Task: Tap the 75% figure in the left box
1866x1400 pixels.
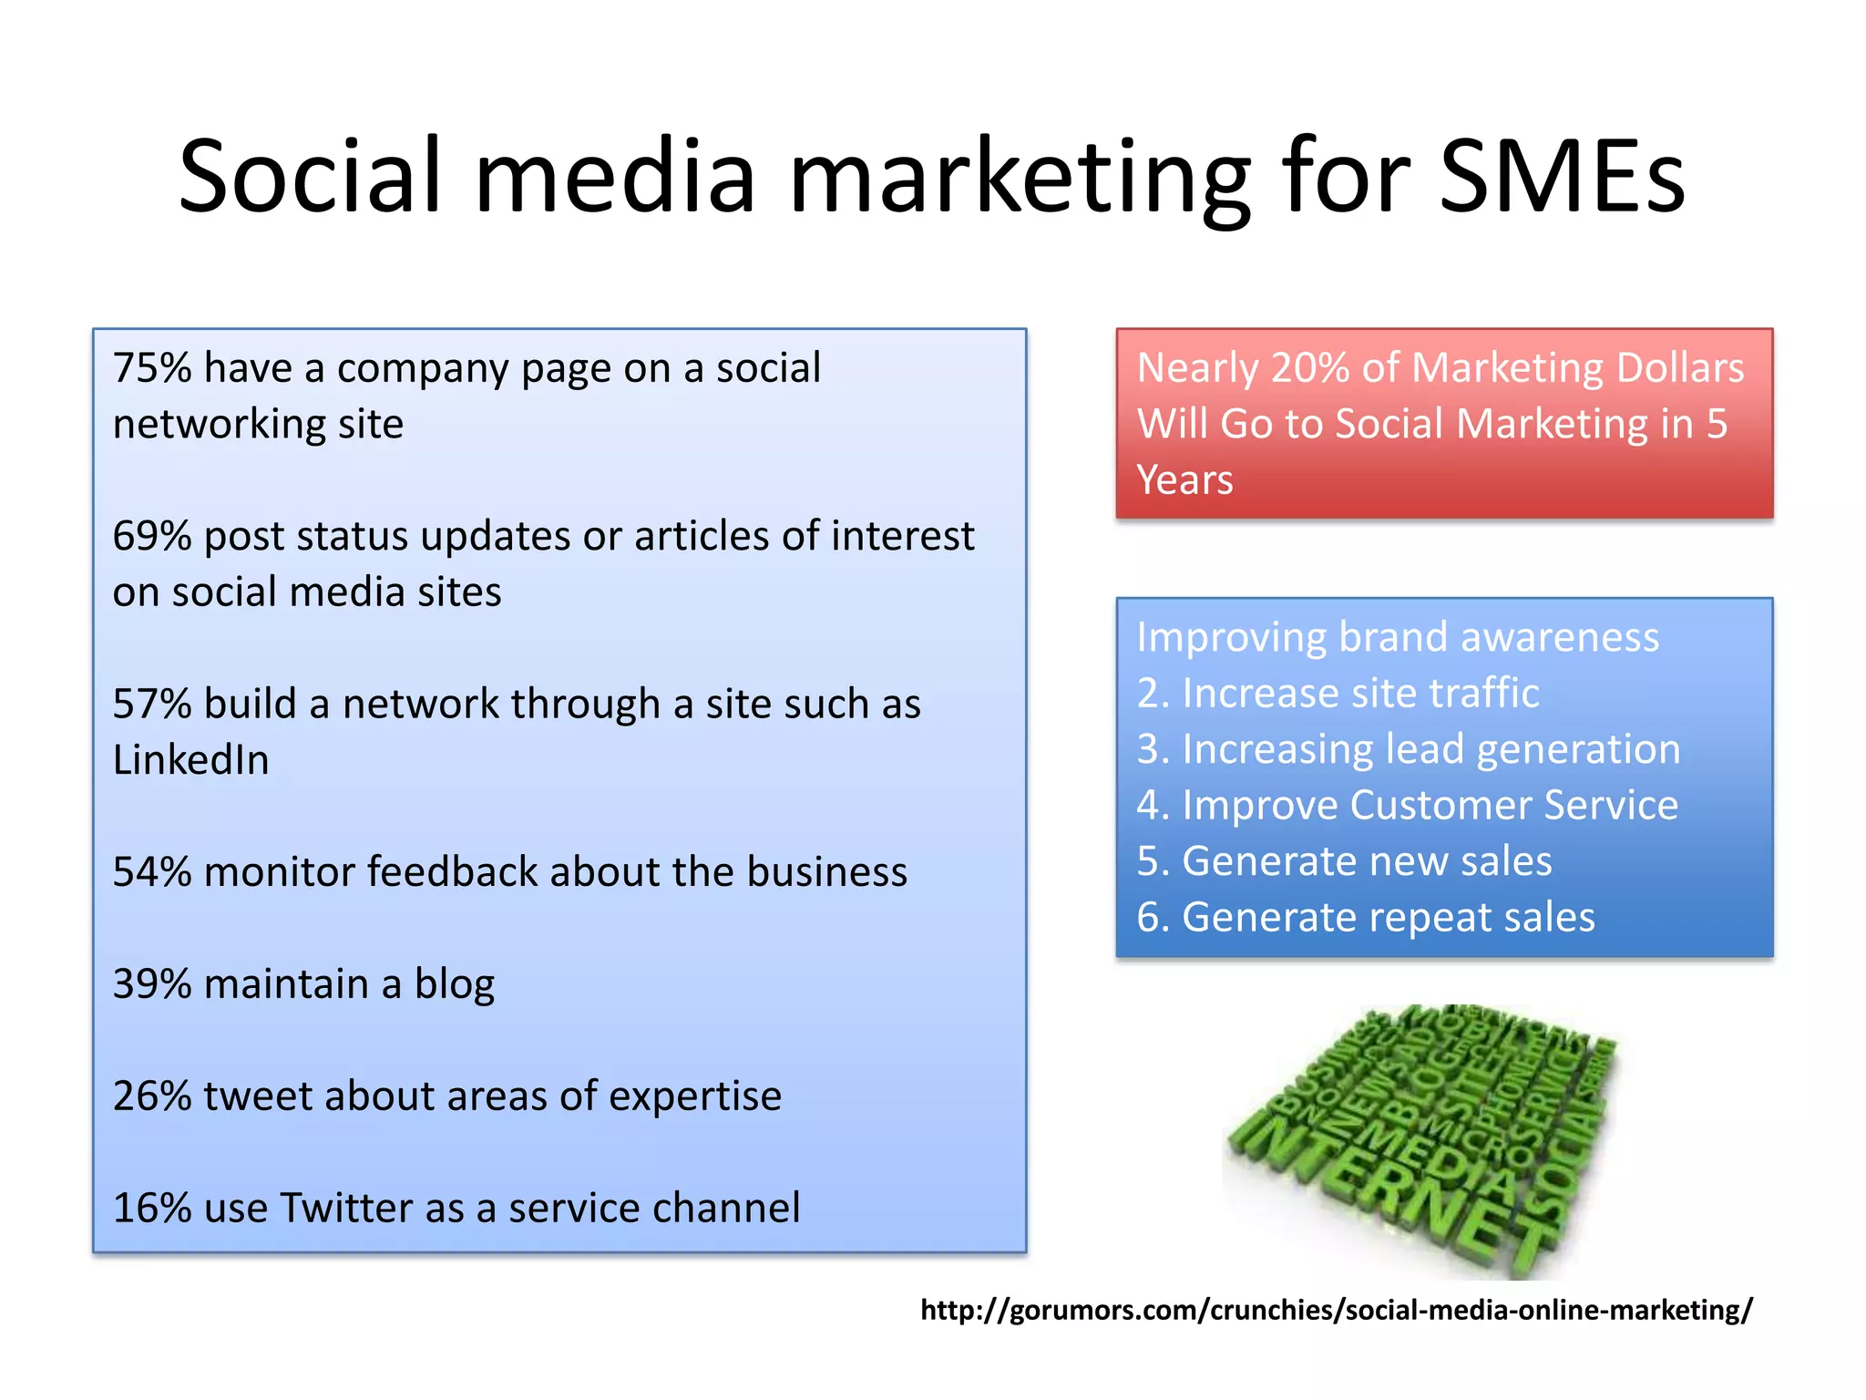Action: point(152,368)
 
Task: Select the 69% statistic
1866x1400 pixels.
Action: point(152,536)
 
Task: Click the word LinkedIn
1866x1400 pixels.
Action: point(191,760)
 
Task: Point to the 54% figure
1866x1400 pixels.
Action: point(152,872)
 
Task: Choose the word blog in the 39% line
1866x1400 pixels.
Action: point(454,984)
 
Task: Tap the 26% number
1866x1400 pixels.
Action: point(152,1096)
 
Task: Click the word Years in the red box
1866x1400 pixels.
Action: point(1184,480)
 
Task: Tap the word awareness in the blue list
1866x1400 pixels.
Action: point(1559,637)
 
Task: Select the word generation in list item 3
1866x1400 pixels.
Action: point(1578,750)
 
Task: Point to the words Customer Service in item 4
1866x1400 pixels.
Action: point(1513,806)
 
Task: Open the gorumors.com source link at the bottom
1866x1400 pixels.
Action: point(1336,1311)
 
